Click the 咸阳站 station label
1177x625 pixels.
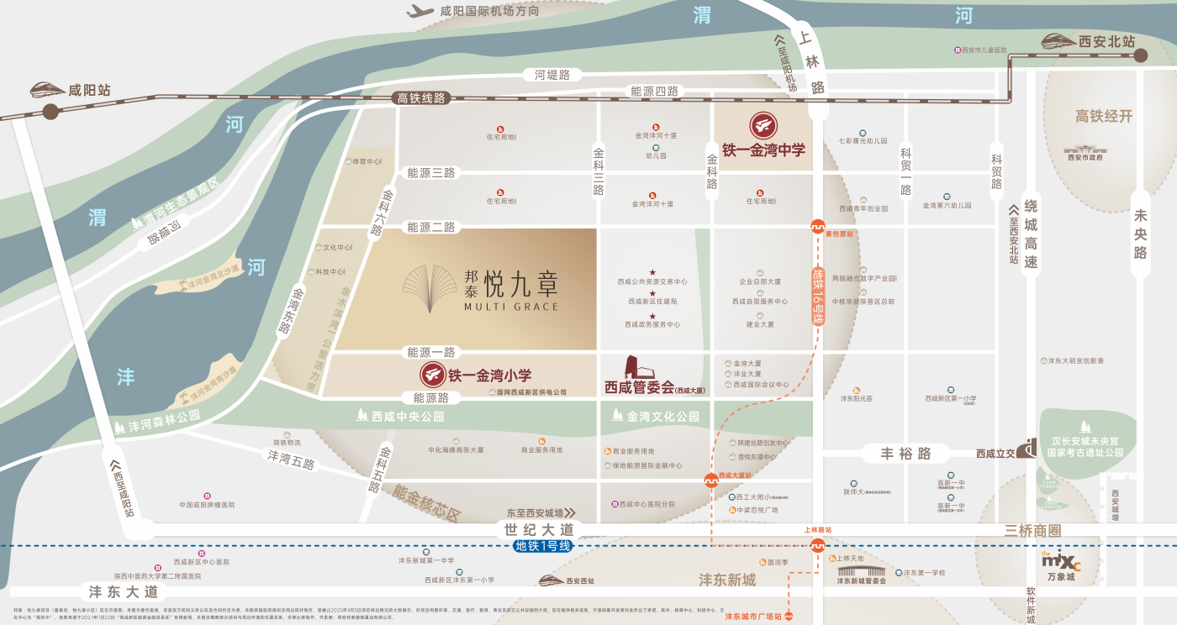89,90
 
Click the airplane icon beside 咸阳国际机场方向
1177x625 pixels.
420,11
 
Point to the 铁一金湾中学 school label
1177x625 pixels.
763,150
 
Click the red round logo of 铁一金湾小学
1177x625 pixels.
432,376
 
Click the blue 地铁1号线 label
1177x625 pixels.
543,546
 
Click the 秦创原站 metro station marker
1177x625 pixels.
816,225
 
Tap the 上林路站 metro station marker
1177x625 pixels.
817,545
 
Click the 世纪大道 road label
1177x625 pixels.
539,530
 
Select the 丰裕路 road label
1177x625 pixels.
905,454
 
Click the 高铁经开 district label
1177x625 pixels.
1104,116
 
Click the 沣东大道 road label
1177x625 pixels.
124,591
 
